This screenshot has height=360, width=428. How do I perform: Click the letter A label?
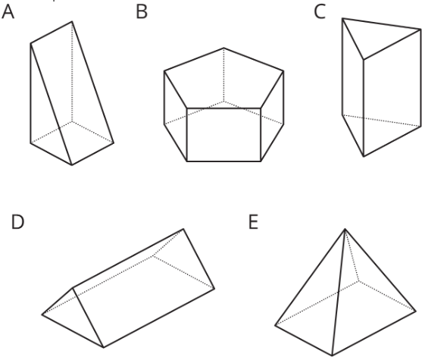click(8, 13)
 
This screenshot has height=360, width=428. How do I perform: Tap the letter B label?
click(142, 13)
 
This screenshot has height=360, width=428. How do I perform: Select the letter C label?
click(320, 13)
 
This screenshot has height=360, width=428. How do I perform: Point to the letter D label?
click(17, 222)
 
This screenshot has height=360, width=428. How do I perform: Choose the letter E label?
click(254, 222)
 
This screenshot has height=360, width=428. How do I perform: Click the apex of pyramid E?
click(345, 229)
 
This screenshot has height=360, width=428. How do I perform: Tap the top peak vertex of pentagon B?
click(223, 48)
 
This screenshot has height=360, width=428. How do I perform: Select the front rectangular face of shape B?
click(223, 135)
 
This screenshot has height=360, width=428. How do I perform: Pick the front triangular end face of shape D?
click(73, 316)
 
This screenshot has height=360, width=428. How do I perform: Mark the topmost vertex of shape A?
click(72, 21)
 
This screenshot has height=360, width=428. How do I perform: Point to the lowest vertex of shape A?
click(72, 165)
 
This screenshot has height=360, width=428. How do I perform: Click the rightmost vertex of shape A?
click(114, 142)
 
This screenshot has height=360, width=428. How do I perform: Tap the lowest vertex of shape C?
click(364, 157)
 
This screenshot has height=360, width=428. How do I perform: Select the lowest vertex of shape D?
click(104, 347)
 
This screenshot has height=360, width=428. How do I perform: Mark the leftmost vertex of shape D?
click(42, 315)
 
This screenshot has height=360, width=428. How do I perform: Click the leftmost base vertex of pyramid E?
click(275, 325)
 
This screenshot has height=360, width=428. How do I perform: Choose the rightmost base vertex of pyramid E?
click(416, 311)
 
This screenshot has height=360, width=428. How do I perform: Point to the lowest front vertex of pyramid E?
click(332, 355)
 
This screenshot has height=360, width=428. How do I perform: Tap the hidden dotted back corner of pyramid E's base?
click(358, 281)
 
